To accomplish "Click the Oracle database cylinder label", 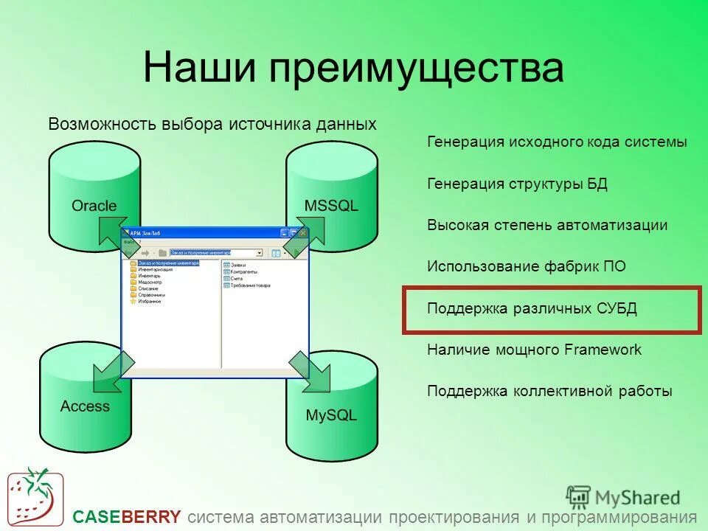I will [94, 206].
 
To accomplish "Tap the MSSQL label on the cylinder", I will [331, 206].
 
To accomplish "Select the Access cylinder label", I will [85, 406].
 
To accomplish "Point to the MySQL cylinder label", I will [331, 415].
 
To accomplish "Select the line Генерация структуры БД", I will [517, 184].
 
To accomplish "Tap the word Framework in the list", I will [603, 350].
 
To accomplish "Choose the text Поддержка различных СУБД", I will [532, 308].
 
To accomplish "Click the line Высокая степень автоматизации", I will [547, 226].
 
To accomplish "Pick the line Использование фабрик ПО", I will [527, 266].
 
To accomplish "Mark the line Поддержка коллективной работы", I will [549, 392].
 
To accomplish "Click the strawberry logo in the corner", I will [35, 496].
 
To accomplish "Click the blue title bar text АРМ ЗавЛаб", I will [145, 233].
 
